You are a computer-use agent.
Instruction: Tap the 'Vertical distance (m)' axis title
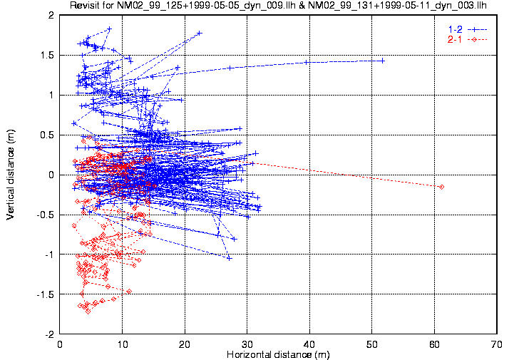[11, 173]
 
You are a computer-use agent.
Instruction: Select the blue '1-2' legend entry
[466, 28]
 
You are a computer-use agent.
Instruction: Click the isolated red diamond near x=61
[441, 187]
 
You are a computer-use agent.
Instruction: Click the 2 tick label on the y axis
[51, 15]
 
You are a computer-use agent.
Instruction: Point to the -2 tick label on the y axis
[49, 334]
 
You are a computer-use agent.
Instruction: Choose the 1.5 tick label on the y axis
[48, 55]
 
